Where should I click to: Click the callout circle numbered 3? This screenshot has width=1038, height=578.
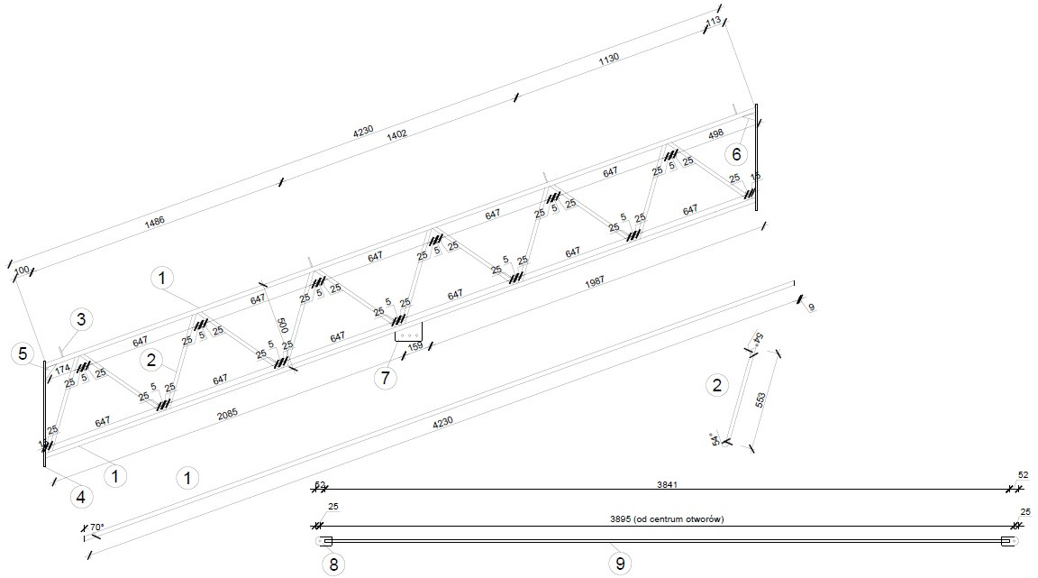coord(80,318)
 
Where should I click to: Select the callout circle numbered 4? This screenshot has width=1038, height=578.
coord(80,496)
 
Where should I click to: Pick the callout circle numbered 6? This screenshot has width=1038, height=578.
coord(736,153)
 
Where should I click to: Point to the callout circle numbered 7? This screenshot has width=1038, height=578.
coord(385,378)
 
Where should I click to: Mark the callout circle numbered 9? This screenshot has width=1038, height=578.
coord(619,565)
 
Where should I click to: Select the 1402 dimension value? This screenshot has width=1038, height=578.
coord(396,134)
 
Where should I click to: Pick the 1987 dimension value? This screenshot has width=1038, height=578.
coord(595,281)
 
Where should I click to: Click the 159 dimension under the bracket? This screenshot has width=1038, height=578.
coord(415,346)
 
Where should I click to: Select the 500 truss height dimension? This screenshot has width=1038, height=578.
coord(281,326)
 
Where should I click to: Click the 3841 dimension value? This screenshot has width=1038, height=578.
coord(667,484)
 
